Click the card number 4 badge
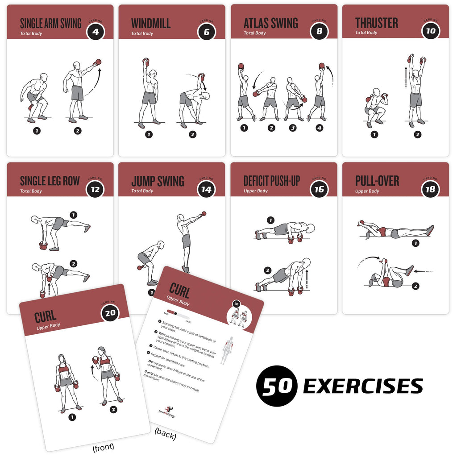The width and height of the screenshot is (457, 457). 95,31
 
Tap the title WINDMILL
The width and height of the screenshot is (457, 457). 151,23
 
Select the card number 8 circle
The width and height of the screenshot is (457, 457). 319,31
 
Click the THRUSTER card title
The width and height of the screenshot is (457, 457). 377,23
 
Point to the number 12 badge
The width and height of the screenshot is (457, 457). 95,189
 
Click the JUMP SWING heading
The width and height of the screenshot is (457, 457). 158,181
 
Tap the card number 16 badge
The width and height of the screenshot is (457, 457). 319,189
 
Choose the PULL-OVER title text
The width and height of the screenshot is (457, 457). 377,181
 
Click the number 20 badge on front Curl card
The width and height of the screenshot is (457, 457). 110,313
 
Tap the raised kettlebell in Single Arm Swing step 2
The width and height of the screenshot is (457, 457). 98,62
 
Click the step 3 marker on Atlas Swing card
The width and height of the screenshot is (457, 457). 293,128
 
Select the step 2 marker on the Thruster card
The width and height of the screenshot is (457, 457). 417,134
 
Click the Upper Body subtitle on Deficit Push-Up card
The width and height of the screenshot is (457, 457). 255,191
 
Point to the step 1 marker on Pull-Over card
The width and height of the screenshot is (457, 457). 415,243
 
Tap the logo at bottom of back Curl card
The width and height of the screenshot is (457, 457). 168,410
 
